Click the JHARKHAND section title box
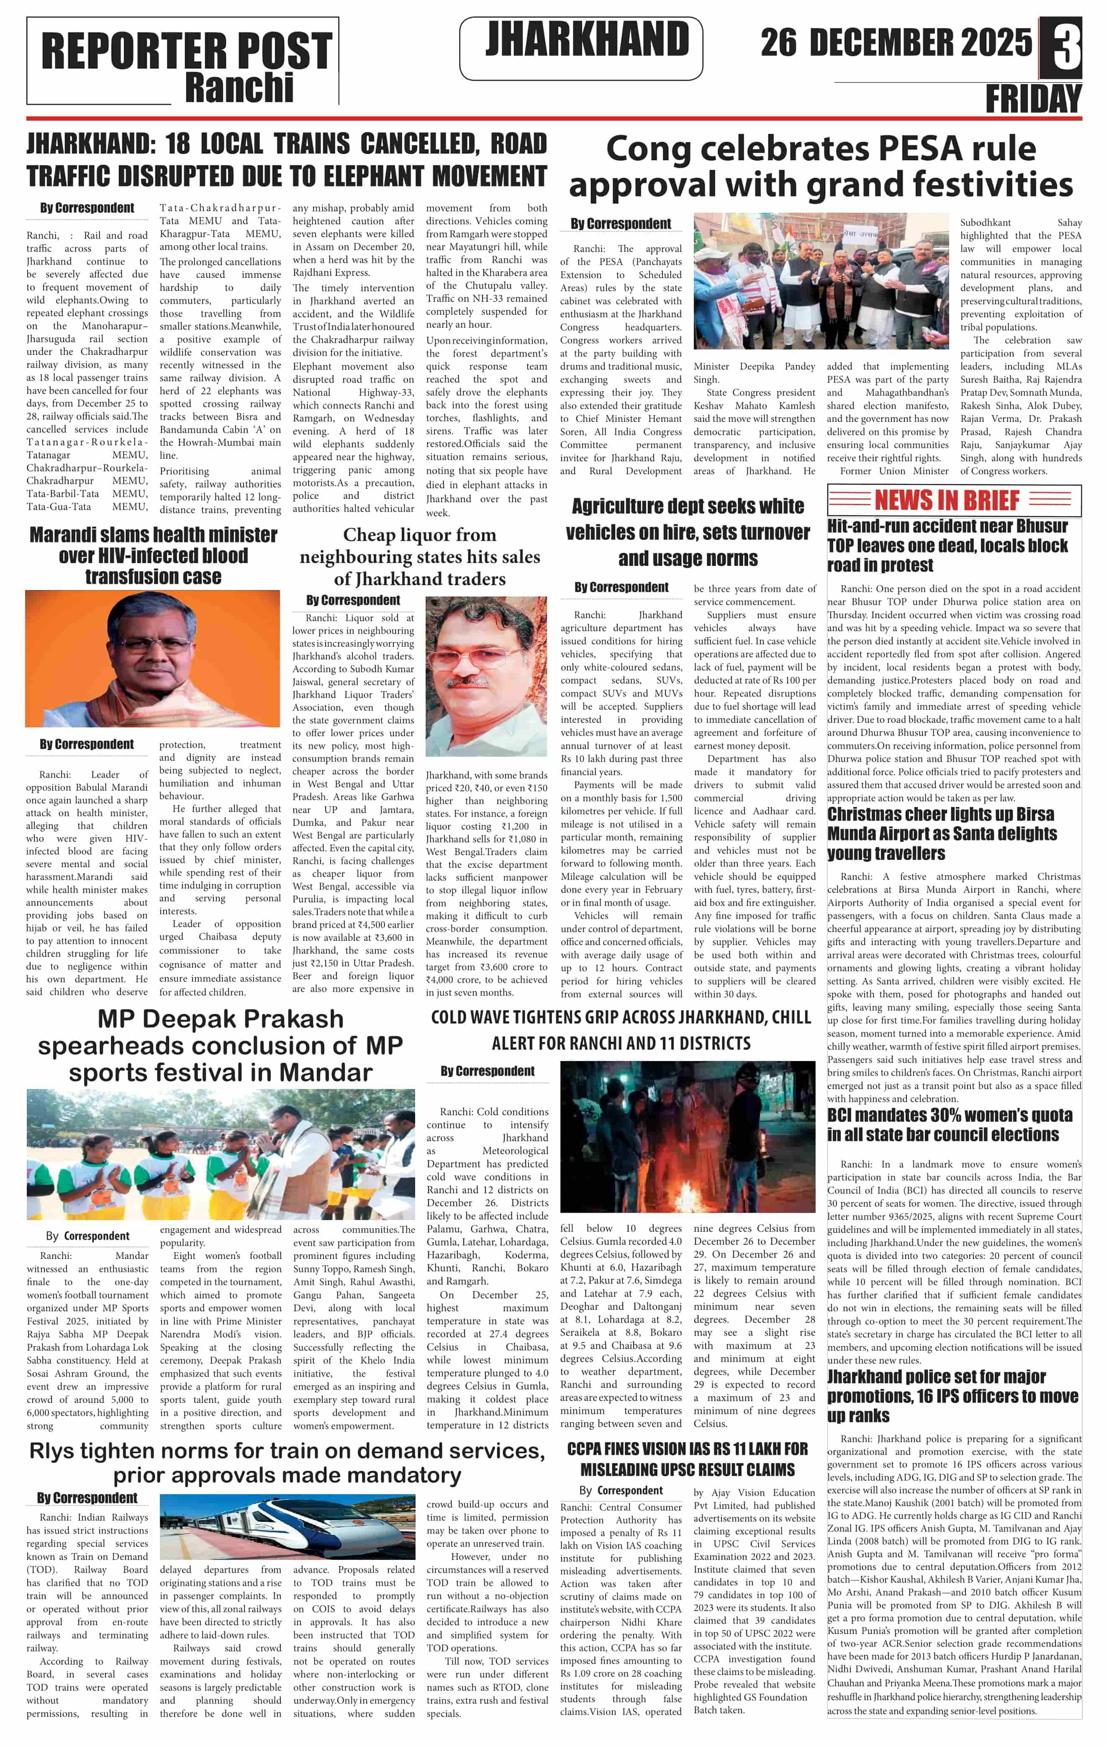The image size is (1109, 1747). pyautogui.click(x=580, y=48)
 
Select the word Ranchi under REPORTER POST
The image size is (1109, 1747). pyautogui.click(x=239, y=88)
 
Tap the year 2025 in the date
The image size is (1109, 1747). pyautogui.click(x=995, y=43)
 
